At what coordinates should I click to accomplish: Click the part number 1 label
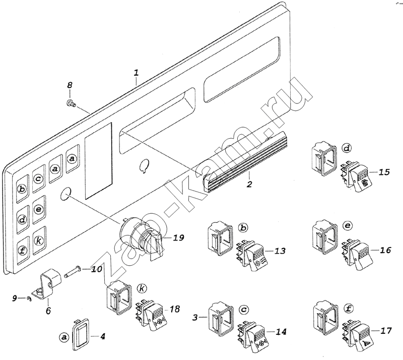coord(136,74)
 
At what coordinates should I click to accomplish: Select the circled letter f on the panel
coord(22,251)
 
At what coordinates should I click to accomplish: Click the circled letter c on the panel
coord(38,177)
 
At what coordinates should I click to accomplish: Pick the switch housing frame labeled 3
coord(219,318)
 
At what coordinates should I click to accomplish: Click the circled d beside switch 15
coord(346,148)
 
